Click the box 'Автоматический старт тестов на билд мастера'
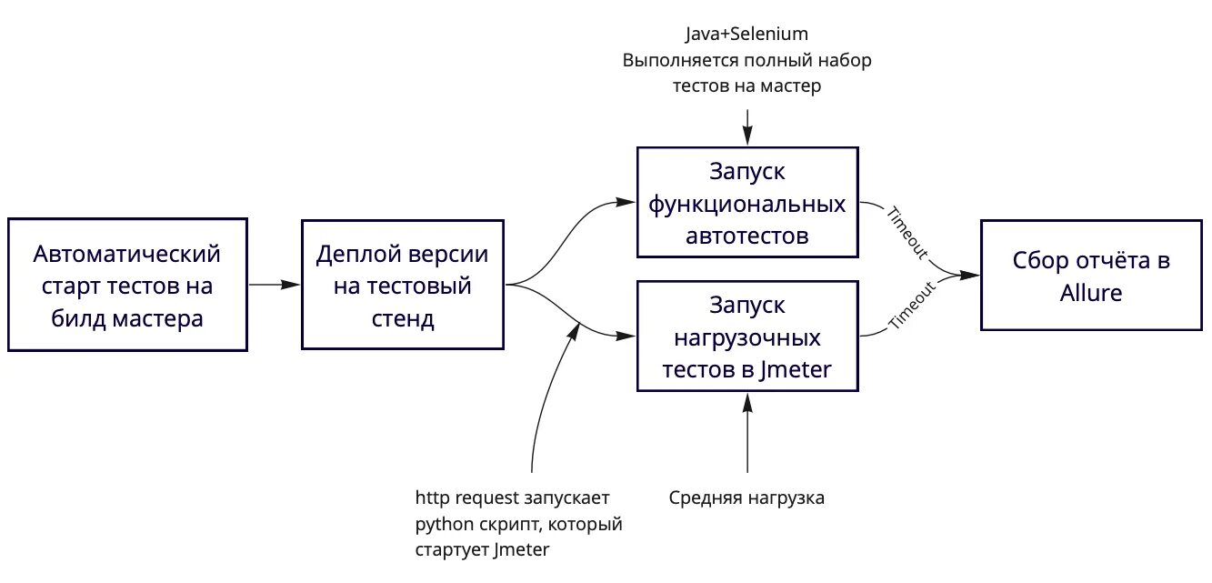[127, 285]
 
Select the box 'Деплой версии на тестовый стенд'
[402, 285]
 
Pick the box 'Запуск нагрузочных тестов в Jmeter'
[746, 337]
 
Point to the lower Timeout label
[911, 305]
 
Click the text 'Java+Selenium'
[746, 35]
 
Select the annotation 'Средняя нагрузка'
[746, 498]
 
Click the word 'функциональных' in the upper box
[746, 204]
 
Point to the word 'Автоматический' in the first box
[127, 253]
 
